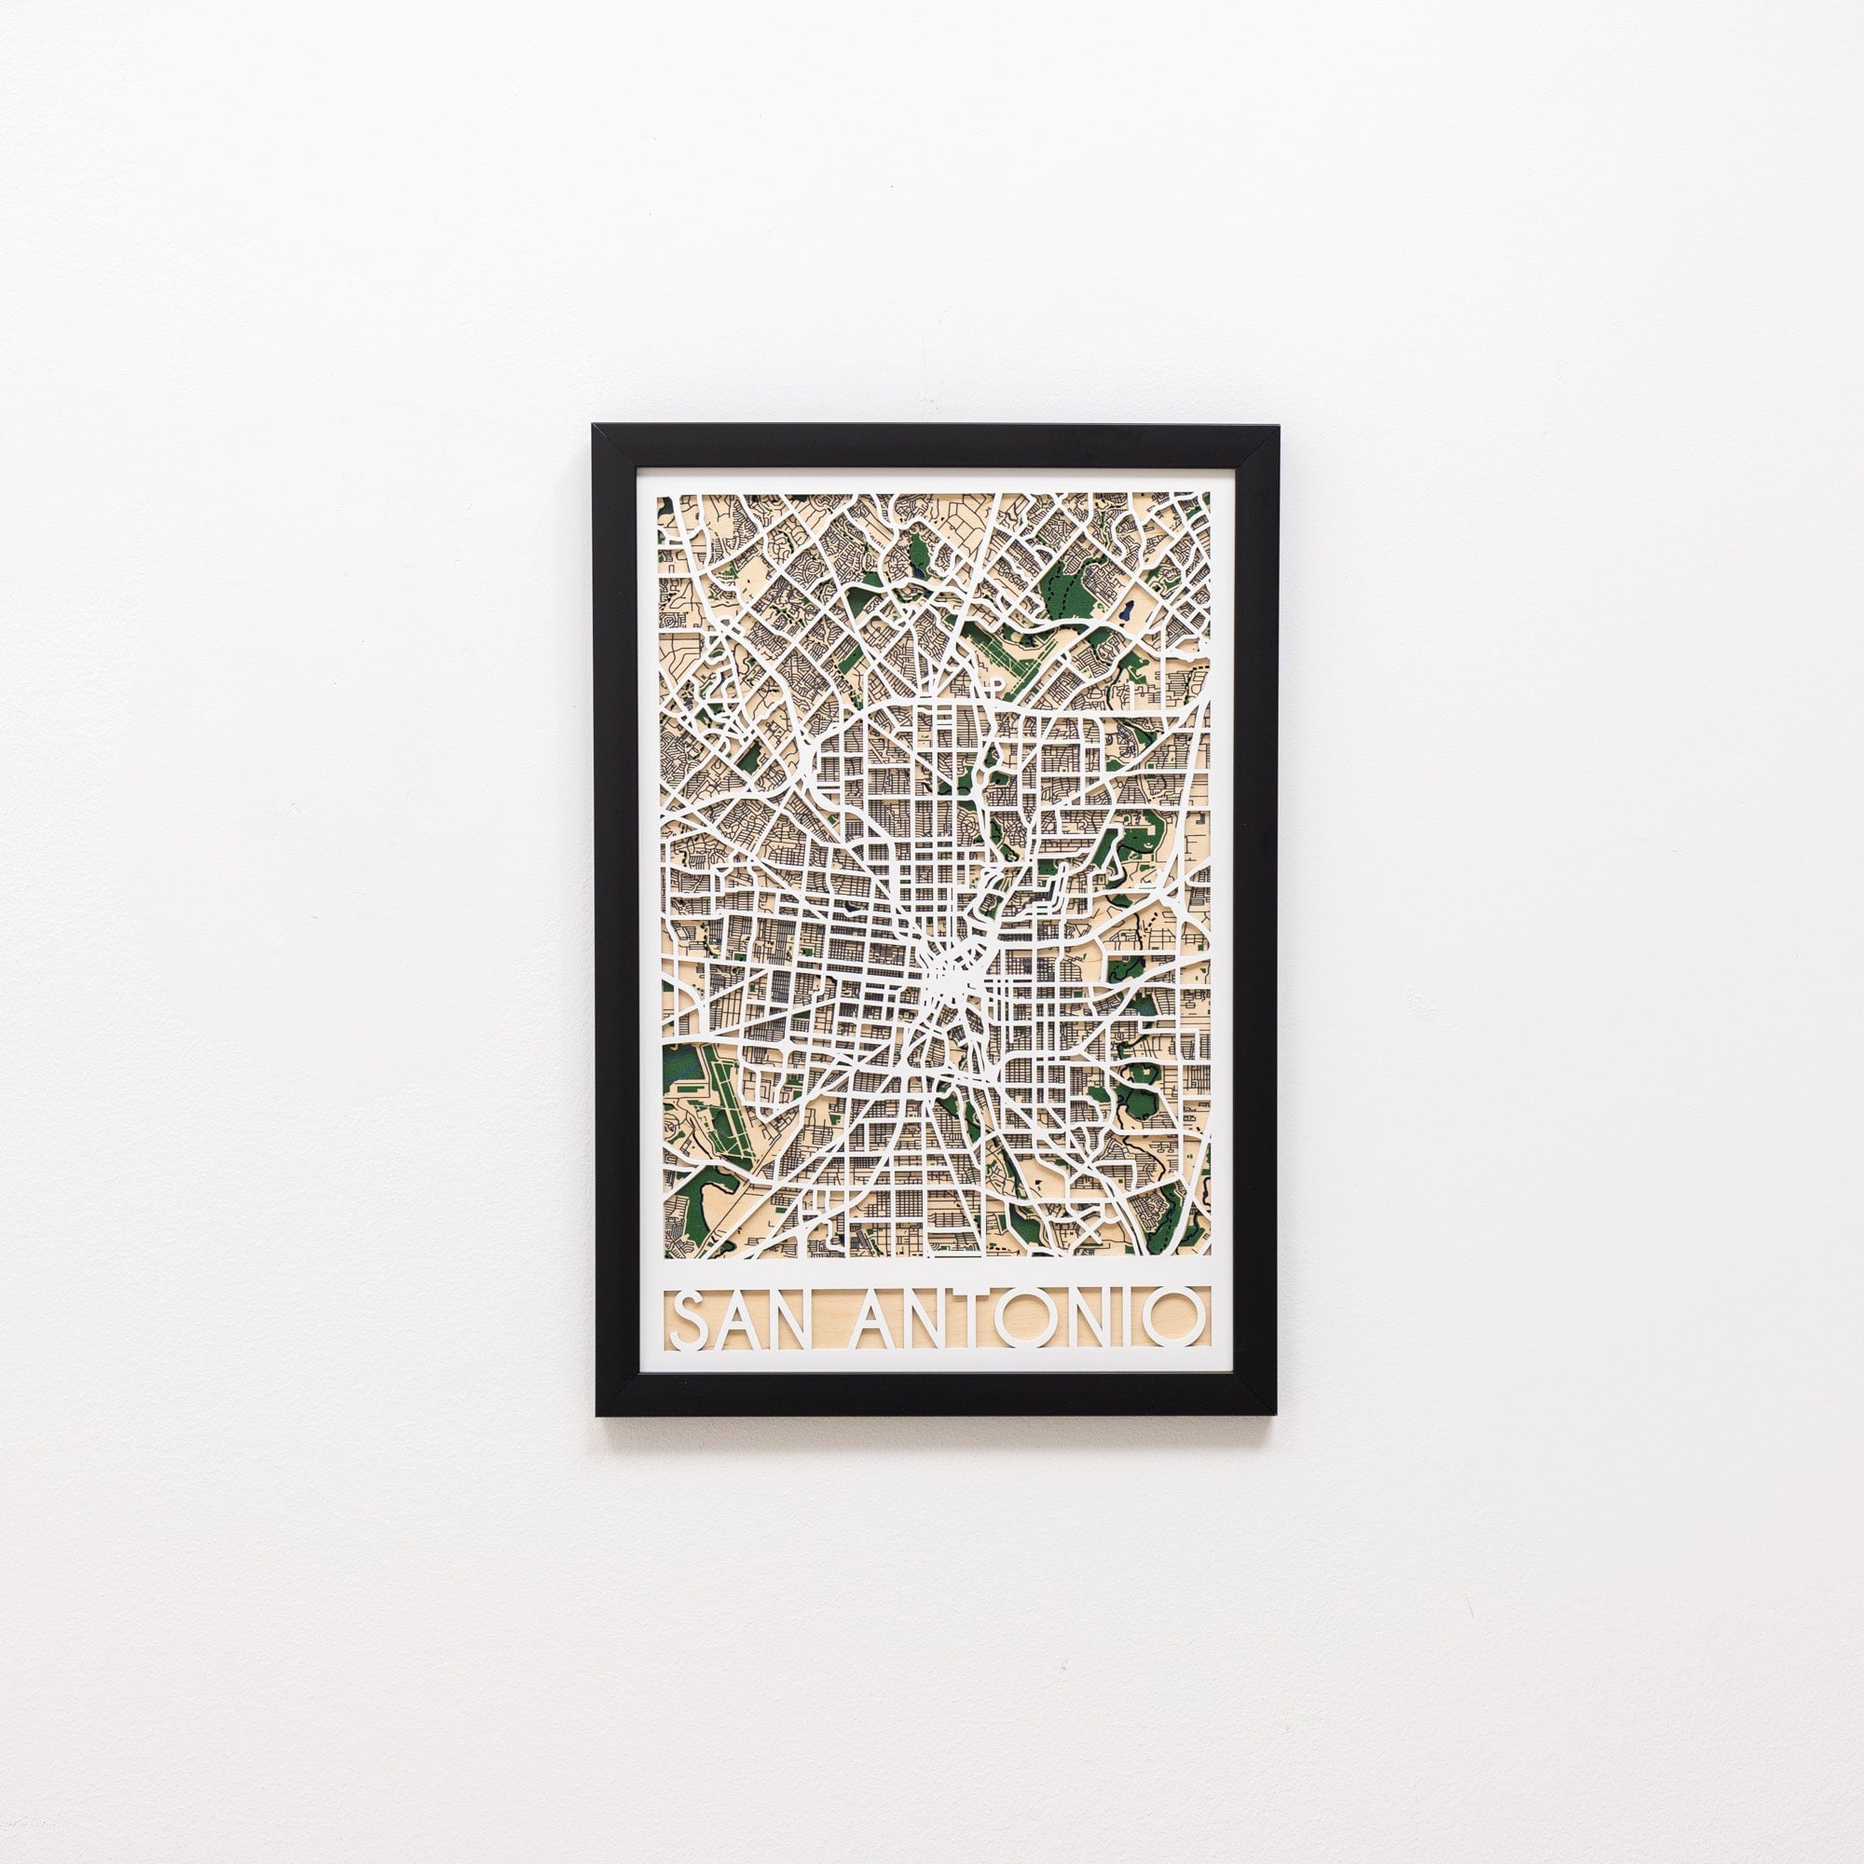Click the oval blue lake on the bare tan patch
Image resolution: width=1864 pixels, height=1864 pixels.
[x=1124, y=611]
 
